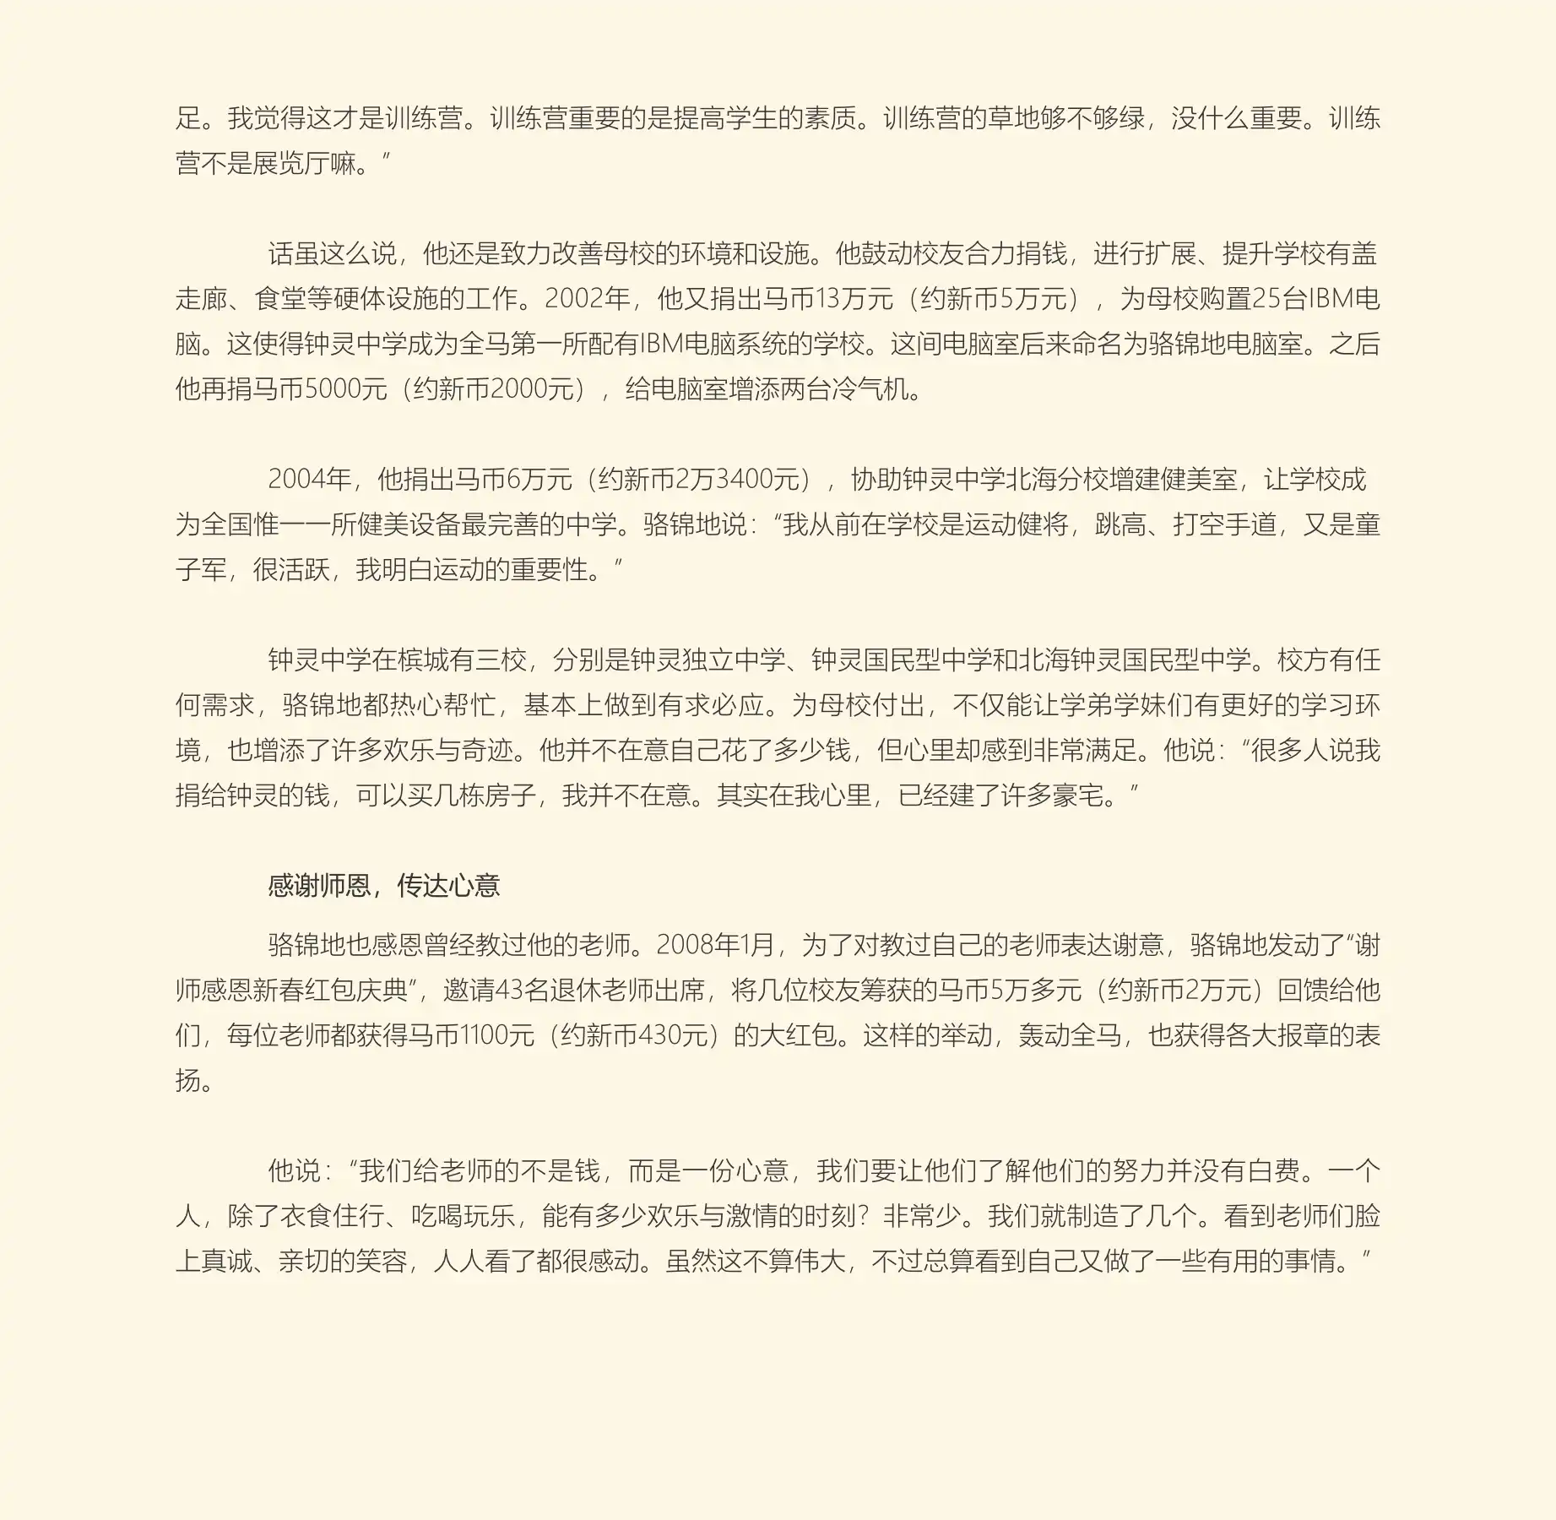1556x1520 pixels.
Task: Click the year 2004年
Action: pos(309,480)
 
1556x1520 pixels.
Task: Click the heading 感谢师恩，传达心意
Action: pos(384,886)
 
